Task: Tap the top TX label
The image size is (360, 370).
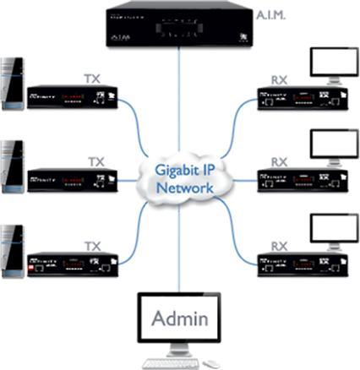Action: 93,78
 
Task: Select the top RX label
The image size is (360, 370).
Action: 279,79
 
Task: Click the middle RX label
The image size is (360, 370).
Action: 279,161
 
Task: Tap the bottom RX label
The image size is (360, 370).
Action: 279,246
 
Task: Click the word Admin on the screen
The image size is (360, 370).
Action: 179,318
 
